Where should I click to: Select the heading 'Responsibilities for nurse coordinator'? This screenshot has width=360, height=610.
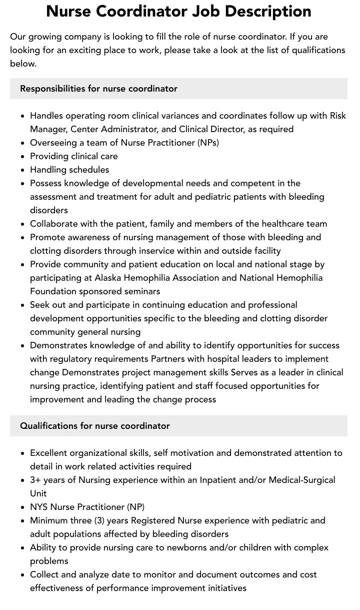point(98,89)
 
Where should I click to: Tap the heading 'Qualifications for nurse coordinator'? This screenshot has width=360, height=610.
point(95,426)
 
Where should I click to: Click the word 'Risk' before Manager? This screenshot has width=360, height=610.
point(338,116)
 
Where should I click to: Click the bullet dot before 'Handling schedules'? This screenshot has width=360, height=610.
point(22,170)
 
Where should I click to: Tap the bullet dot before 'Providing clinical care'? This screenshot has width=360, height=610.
point(22,157)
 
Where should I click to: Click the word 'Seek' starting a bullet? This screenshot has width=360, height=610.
point(40,305)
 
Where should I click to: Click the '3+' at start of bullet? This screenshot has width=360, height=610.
point(35,480)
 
